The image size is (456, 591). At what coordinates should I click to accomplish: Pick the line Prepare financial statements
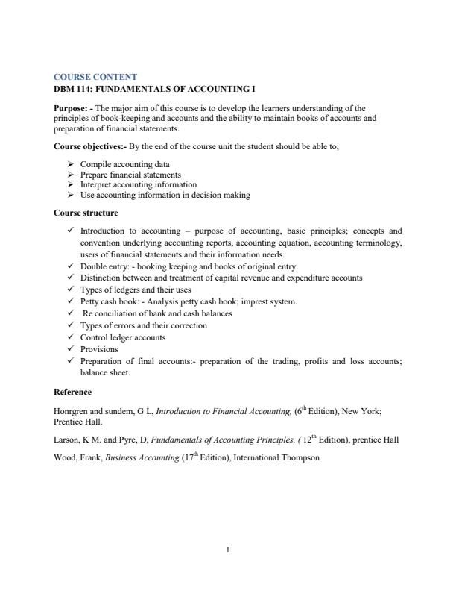click(130, 175)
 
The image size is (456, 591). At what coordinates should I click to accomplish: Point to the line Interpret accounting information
click(139, 184)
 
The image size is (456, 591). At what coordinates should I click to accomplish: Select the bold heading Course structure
click(86, 213)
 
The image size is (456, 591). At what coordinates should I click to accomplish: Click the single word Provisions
click(99, 349)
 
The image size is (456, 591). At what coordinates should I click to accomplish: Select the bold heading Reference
click(73, 392)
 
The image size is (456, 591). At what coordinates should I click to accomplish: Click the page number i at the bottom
click(227, 551)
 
